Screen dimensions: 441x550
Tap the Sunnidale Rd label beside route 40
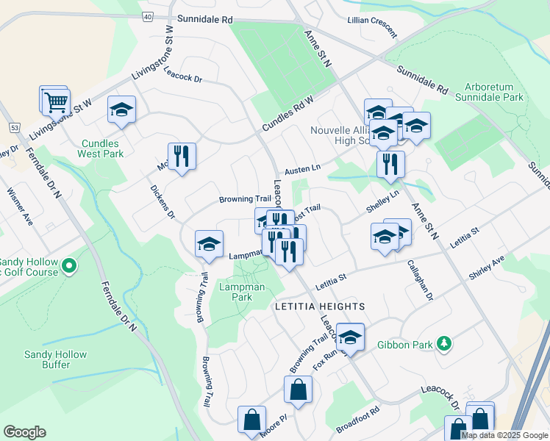click(x=204, y=18)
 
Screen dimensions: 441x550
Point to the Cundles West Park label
click(x=102, y=148)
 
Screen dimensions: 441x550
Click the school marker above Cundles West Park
click(x=122, y=111)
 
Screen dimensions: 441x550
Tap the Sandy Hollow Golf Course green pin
click(x=69, y=265)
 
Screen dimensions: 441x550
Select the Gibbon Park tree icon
click(x=443, y=343)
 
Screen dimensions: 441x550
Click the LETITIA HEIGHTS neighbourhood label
click(x=320, y=306)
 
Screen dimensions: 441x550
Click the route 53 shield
click(x=15, y=128)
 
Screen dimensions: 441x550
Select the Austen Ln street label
click(x=303, y=168)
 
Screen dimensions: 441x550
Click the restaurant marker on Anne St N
click(x=390, y=164)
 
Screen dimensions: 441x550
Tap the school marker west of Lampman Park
click(x=209, y=245)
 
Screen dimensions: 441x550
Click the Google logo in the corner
click(x=25, y=432)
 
